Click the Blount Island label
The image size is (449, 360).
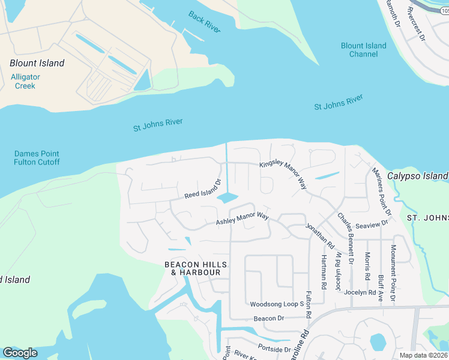point(37,63)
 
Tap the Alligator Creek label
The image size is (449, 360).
point(25,81)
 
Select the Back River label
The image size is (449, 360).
point(204,22)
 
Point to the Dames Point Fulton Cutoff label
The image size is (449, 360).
point(37,158)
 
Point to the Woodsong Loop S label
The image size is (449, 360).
point(277,304)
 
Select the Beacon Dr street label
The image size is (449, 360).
point(268,319)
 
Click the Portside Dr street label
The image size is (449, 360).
point(274,348)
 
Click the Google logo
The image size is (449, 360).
point(20,353)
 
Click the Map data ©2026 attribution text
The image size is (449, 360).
point(424,355)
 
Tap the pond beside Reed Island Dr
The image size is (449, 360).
point(228,197)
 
